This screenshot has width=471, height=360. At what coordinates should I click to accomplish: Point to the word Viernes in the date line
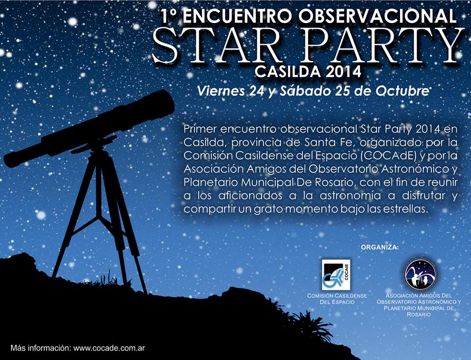pos(221,91)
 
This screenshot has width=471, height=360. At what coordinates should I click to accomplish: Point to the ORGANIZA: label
pos(379,247)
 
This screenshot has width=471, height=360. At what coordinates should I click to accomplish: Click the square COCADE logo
pos(336,275)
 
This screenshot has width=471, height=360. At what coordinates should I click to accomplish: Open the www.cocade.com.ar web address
pos(109,348)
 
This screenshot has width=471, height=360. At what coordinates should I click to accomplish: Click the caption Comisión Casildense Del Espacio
pos(337,299)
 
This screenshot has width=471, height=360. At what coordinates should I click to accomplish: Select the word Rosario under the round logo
pos(419,314)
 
